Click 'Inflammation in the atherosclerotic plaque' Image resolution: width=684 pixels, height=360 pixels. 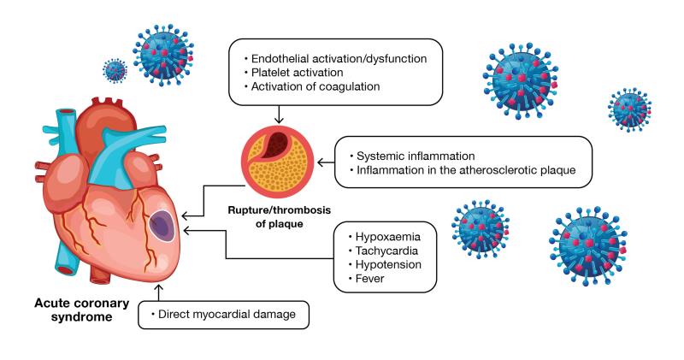(469, 172)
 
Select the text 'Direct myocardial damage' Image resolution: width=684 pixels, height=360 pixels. (227, 316)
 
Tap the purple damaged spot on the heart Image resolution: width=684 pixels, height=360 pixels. (161, 226)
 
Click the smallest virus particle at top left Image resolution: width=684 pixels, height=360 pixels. (114, 69)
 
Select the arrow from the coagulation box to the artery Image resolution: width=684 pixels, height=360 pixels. (278, 113)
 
